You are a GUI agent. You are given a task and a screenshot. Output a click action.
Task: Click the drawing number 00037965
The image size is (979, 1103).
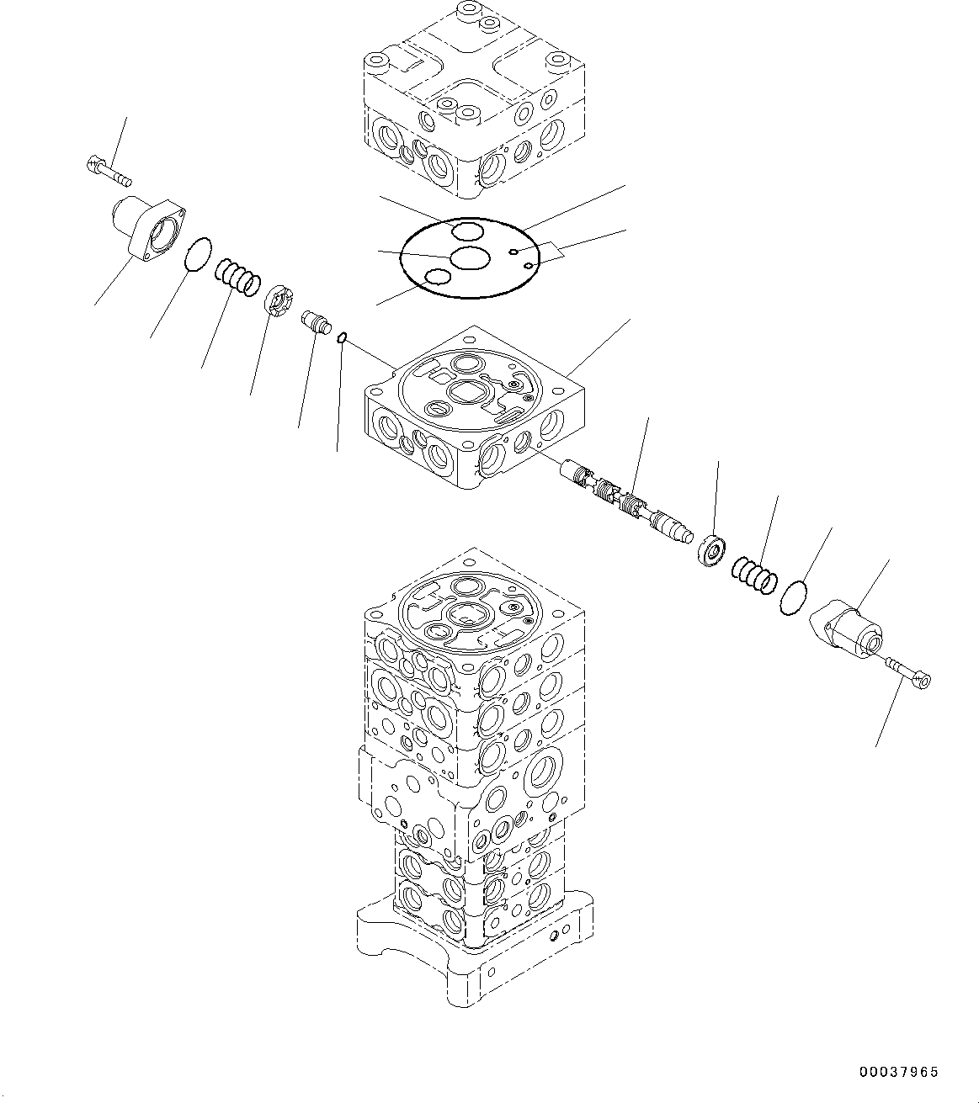pos(898,1072)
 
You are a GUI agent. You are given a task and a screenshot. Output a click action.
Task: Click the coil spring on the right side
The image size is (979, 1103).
pos(754,575)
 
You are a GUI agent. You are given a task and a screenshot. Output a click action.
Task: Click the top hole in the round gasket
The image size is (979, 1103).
pos(466,231)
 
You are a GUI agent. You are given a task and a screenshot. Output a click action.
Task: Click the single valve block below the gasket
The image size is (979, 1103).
pos(474,412)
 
